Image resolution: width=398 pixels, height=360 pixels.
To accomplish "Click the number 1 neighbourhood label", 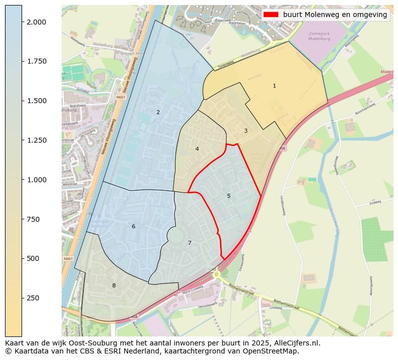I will coord(274,86).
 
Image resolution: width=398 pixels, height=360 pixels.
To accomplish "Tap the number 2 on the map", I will coord(158,112).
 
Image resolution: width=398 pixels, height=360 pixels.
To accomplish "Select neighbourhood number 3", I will coord(246,131).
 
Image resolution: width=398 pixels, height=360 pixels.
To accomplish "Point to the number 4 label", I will coord(197,149).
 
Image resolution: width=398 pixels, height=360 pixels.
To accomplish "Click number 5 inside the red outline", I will coord(229,196).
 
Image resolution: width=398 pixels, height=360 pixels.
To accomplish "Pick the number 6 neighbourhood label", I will coord(133,226).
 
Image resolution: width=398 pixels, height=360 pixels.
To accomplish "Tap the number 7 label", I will coord(189,243).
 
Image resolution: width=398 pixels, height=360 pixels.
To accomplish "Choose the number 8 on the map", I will coord(114,285).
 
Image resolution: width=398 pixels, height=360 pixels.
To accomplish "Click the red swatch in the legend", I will coord(271,15).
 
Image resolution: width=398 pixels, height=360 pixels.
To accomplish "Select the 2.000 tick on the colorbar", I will coord(37,22).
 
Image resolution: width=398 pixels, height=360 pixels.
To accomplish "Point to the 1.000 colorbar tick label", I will coord(37,180).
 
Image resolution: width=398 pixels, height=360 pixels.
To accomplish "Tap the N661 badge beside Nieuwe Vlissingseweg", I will coord(121,97).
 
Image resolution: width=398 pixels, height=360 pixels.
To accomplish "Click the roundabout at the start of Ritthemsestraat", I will coord(216,274).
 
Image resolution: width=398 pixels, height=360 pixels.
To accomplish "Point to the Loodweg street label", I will coord(276,308).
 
